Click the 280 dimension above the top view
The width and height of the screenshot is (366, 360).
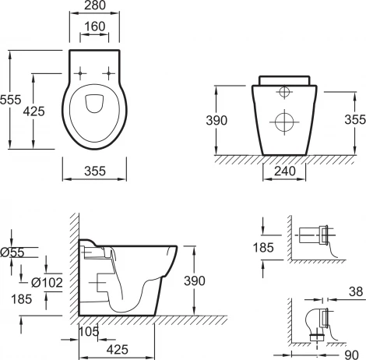[x=95, y=5]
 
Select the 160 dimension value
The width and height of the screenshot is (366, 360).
[x=95, y=26]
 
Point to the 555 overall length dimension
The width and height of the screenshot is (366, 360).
[x=10, y=100]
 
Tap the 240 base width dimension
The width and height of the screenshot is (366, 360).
[x=285, y=171]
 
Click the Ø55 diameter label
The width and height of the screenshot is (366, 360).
[x=12, y=252]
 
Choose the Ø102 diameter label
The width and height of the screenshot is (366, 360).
[x=47, y=283]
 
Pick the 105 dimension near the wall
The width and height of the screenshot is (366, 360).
[x=89, y=331]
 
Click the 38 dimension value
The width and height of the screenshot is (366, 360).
[x=356, y=291]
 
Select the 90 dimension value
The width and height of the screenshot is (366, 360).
[x=351, y=355]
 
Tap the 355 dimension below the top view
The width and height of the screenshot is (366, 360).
[x=95, y=171]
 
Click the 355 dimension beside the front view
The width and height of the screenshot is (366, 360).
[x=355, y=119]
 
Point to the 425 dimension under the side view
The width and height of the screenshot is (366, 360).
[x=118, y=349]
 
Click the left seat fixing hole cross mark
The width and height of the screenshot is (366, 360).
[x=80, y=73]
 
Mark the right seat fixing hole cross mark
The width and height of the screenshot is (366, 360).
[x=109, y=73]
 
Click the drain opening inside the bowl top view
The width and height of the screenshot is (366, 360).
[x=94, y=104]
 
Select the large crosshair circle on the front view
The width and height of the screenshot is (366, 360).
[x=284, y=122]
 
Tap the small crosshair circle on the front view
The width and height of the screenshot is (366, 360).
[x=284, y=92]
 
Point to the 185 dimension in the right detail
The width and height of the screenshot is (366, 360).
[x=263, y=247]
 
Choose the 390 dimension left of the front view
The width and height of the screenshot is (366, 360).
[x=216, y=120]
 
